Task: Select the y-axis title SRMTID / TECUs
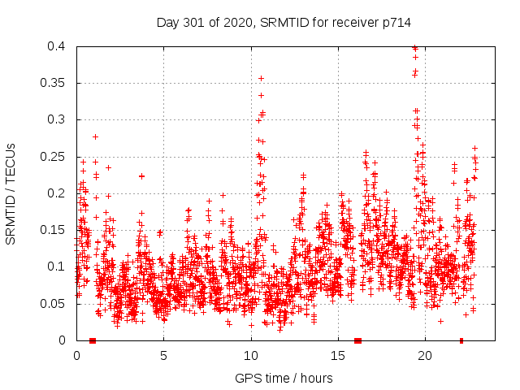(11, 193)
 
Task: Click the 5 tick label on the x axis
(163, 356)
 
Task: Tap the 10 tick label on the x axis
(250, 356)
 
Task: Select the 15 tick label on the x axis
(337, 356)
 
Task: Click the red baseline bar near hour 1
(93, 340)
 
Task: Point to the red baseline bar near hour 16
(357, 340)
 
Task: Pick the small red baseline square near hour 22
(461, 340)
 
